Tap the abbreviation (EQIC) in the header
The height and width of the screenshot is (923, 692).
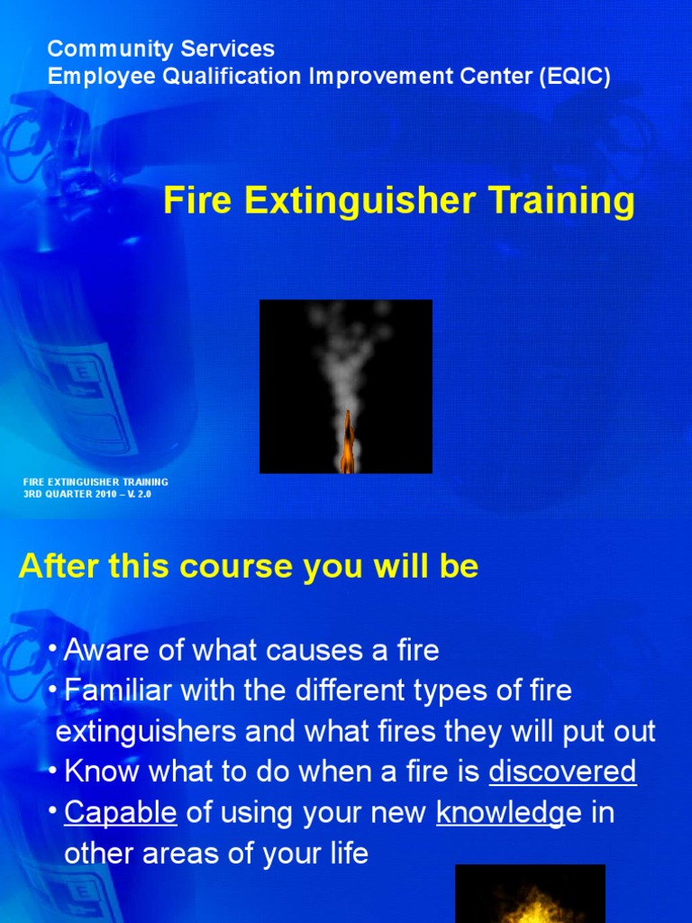point(575,77)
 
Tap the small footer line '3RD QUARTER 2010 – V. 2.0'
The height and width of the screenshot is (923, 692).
point(86,495)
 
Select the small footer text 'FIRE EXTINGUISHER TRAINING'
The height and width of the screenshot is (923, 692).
point(96,482)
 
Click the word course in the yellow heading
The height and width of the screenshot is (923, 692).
point(239,567)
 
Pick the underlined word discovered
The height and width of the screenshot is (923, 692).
point(562,772)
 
